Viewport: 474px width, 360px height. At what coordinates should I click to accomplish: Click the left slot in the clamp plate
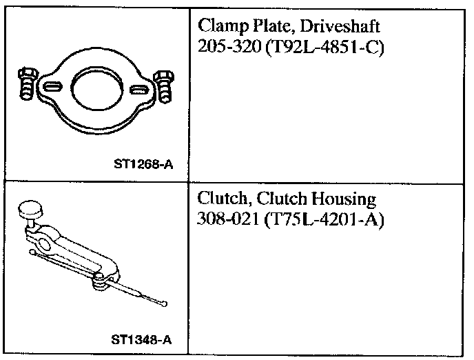point(52,88)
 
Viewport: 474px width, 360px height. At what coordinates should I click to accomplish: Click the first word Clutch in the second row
point(220,200)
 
